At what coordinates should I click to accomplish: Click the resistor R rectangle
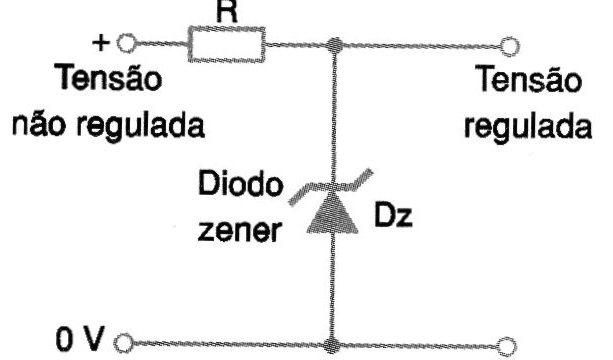tap(226, 45)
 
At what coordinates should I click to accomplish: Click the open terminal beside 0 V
tap(125, 344)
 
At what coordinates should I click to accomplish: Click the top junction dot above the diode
tap(335, 45)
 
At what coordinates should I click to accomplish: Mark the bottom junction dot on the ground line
tap(335, 344)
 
